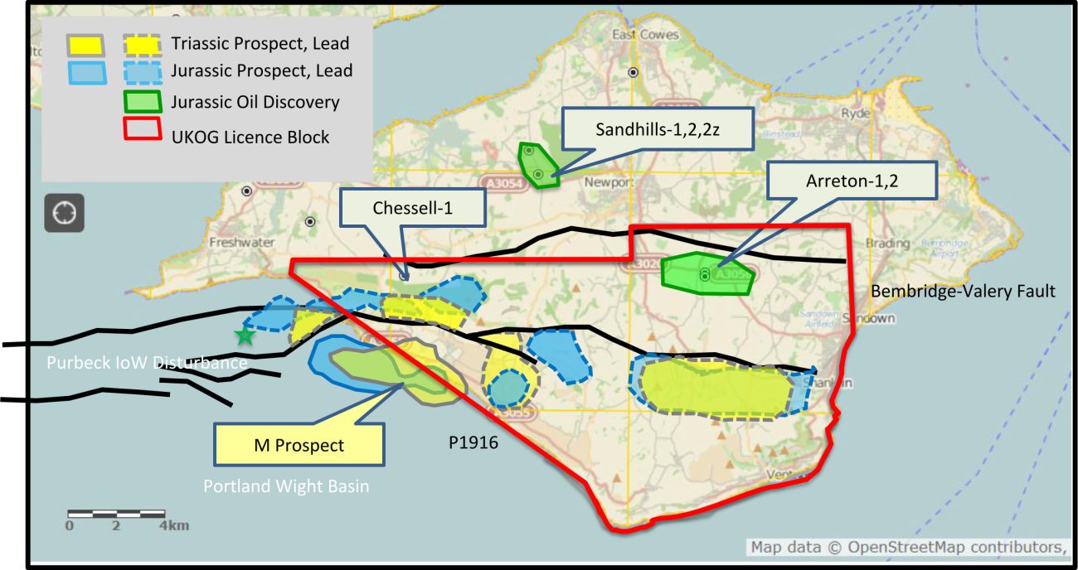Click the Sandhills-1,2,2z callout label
click(x=658, y=129)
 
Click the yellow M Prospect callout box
click(x=299, y=445)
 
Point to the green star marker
click(x=244, y=336)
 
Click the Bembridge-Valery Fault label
click(x=963, y=291)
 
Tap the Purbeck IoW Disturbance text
click(x=147, y=363)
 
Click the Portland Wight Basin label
click(x=286, y=486)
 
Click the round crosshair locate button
click(x=64, y=213)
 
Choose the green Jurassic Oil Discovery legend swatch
click(x=143, y=101)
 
